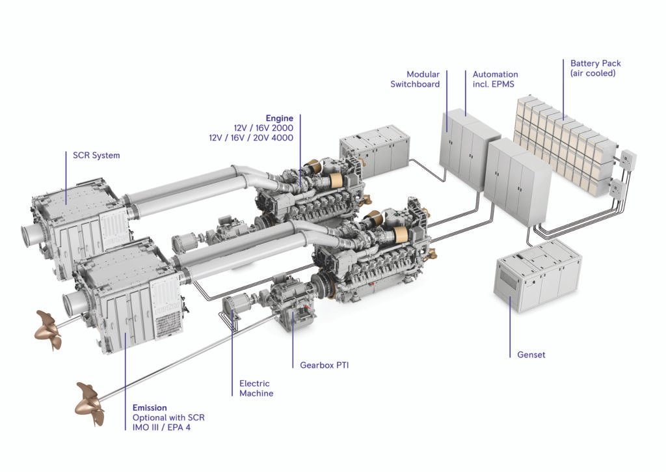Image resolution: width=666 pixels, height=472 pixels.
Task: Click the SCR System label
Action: tap(92, 155)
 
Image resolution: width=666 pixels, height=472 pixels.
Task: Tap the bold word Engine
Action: tap(279, 118)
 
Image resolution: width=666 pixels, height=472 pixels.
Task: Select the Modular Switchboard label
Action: tap(415, 79)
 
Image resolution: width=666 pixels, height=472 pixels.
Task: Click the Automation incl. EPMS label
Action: tap(495, 79)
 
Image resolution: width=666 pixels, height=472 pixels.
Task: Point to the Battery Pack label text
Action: tap(595, 63)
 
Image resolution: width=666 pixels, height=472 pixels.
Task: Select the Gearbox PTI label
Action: tap(324, 365)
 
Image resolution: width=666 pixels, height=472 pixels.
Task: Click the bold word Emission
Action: tap(150, 408)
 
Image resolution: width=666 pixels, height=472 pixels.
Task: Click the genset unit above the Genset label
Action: tap(537, 273)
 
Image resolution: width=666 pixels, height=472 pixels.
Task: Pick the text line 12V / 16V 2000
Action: tap(263, 128)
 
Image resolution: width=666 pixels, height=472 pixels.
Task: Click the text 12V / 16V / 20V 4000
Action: tap(250, 138)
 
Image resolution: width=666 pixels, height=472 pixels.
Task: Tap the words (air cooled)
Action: tap(593, 74)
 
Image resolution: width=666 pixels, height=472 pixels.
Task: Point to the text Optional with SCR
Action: tap(169, 417)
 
